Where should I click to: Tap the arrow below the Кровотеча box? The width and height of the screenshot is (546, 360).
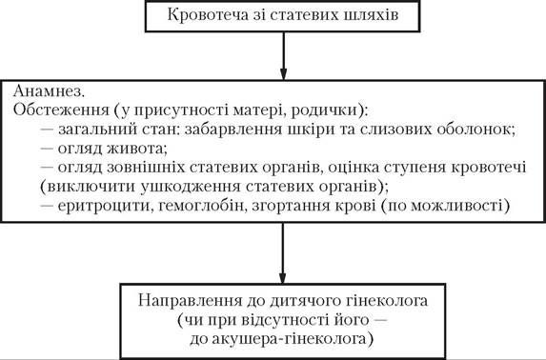(x=283, y=56)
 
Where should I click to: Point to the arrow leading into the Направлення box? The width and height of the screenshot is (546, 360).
(x=282, y=253)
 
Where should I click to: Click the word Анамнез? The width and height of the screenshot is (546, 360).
(x=49, y=91)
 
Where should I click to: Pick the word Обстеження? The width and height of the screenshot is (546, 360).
(x=61, y=110)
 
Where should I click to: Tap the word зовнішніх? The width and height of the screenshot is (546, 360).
(x=146, y=168)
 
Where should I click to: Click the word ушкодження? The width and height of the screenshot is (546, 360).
(x=191, y=187)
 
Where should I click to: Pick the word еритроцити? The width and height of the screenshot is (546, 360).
(x=106, y=206)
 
